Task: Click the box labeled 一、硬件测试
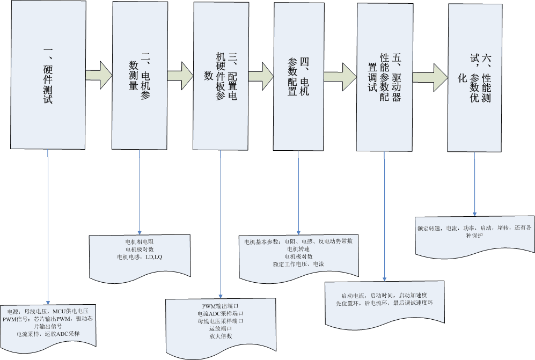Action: point(48,75)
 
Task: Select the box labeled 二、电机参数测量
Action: point(140,76)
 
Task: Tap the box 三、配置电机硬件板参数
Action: point(221,76)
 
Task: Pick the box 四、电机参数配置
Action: point(298,76)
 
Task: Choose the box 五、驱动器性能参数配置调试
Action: point(385,77)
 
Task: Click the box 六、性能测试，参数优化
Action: point(475,78)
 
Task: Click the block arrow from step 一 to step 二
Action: point(99,75)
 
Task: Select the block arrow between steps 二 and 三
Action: point(180,76)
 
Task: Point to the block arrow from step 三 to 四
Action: point(261,76)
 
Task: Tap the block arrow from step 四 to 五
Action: point(341,77)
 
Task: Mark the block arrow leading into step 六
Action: point(430,77)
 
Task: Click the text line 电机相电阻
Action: point(140,242)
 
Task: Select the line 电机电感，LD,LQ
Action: point(140,257)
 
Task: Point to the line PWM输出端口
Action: point(221,306)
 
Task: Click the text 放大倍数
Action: point(221,336)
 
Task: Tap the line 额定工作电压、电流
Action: point(298,264)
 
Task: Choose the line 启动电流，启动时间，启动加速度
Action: point(384,296)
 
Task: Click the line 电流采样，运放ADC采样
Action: point(48,334)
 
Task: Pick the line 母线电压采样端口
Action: point(221,321)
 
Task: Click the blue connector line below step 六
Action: point(474,184)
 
